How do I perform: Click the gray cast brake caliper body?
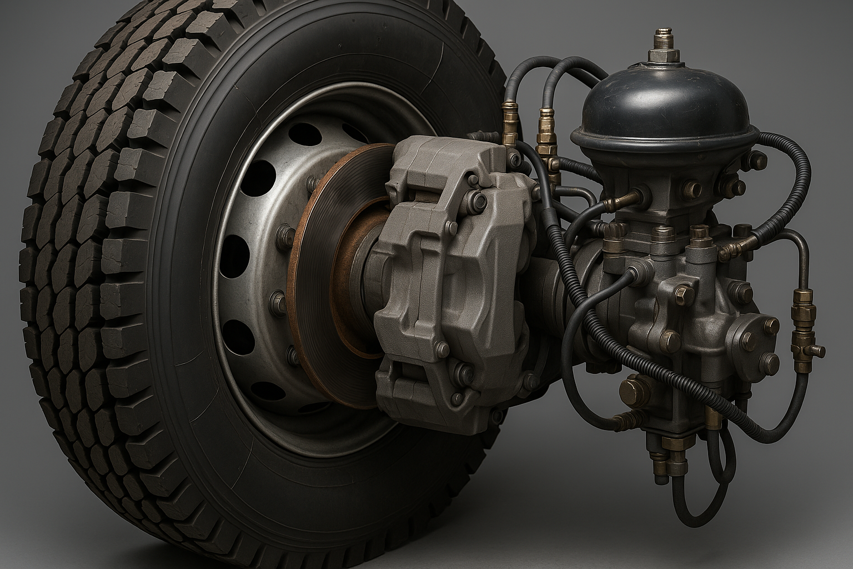point(444,278)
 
